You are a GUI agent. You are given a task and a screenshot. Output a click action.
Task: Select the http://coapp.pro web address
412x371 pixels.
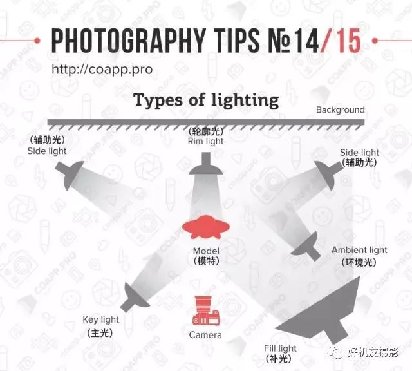click(102, 70)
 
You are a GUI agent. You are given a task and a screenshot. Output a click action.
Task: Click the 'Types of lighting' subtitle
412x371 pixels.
click(206, 100)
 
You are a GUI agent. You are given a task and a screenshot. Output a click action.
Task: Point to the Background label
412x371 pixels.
click(341, 110)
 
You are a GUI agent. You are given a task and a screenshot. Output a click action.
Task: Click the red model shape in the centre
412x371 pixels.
click(206, 227)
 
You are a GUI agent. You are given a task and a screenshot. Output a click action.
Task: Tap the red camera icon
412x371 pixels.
click(206, 310)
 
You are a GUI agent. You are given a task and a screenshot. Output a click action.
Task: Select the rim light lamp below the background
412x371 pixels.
click(206, 164)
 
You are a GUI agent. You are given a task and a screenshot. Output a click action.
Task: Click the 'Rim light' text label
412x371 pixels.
click(206, 142)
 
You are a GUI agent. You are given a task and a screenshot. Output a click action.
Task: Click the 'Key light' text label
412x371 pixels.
click(101, 319)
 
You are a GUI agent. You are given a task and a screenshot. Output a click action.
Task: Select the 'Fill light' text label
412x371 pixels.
click(281, 348)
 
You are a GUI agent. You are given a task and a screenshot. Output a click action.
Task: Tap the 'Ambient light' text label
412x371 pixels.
click(359, 250)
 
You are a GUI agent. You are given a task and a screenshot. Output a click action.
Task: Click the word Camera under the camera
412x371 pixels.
click(205, 335)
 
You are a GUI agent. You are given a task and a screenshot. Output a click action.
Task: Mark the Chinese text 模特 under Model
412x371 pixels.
click(207, 261)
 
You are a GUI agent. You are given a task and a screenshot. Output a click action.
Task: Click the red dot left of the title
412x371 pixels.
click(37, 41)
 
